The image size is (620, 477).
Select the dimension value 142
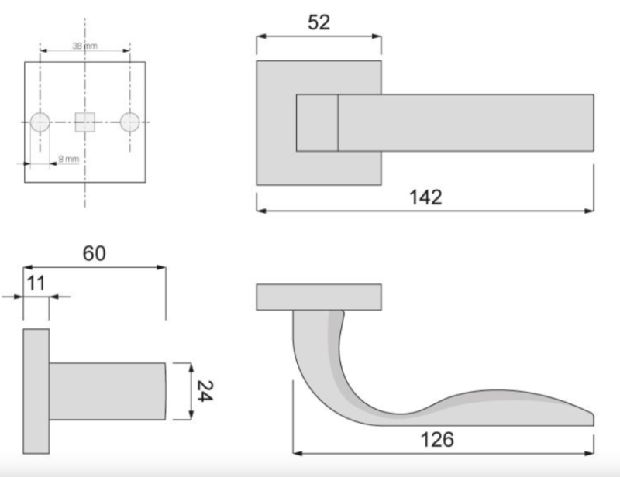(425, 197)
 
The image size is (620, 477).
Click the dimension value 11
(35, 281)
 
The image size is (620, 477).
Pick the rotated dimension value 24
(203, 391)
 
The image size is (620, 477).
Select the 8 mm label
(69, 159)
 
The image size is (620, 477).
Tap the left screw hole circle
(40, 122)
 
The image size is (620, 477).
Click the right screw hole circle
(129, 122)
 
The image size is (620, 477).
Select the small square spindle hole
(84, 122)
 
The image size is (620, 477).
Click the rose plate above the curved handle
(319, 297)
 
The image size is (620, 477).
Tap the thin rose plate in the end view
(36, 391)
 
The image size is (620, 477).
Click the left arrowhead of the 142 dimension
(260, 210)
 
